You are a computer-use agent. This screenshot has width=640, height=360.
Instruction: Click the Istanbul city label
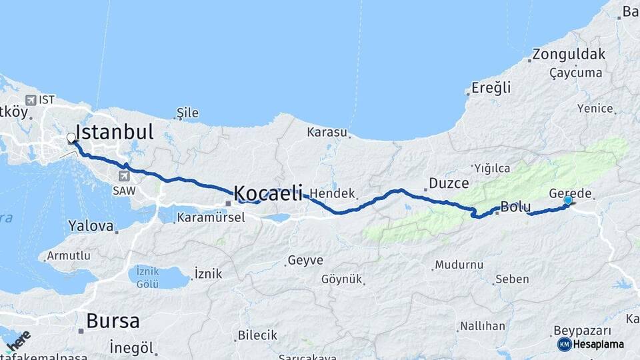click(115, 131)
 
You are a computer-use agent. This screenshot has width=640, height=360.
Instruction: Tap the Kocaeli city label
click(268, 193)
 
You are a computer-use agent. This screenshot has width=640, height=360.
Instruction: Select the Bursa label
click(113, 321)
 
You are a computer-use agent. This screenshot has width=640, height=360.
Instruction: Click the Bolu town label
click(515, 207)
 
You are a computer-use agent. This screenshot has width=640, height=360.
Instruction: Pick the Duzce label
click(449, 183)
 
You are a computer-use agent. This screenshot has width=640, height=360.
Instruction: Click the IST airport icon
click(30, 100)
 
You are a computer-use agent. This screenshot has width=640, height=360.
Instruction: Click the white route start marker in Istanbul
click(71, 139)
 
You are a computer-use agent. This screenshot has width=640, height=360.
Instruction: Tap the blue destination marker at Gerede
click(567, 200)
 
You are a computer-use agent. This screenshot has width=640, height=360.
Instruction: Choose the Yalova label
click(91, 226)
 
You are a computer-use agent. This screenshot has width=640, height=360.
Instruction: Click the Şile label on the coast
click(187, 113)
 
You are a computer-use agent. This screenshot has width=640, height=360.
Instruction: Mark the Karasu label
click(327, 132)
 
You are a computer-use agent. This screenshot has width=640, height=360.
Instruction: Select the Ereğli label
click(491, 87)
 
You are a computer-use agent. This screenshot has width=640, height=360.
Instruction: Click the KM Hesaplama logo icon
click(564, 344)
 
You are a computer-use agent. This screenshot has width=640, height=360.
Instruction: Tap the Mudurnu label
click(459, 265)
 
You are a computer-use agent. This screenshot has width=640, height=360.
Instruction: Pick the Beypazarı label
click(583, 331)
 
